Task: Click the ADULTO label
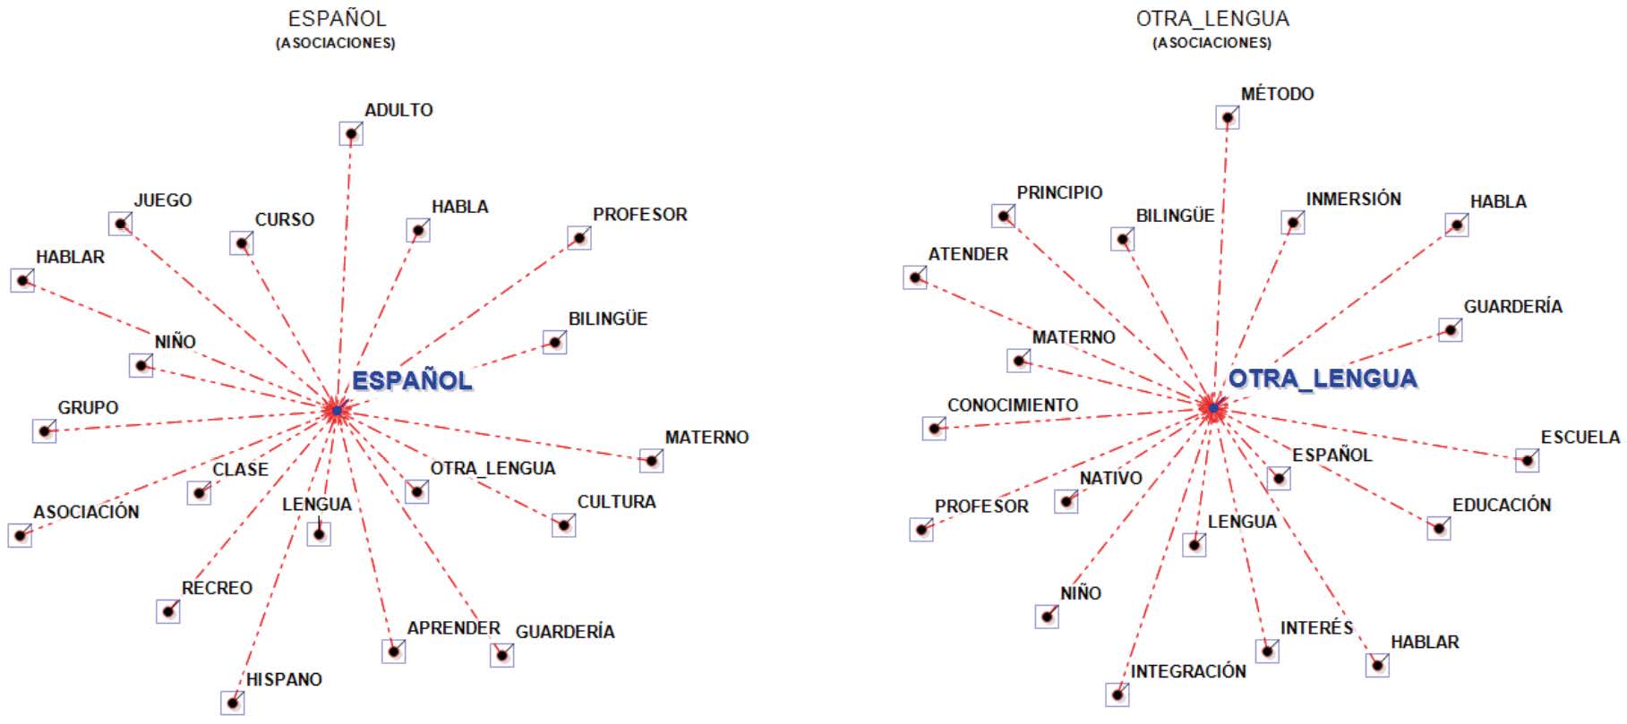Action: pos(398,110)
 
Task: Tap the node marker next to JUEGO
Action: pos(120,223)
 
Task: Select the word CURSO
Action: pos(284,219)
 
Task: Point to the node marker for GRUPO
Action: pos(44,430)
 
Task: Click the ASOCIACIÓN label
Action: pos(86,512)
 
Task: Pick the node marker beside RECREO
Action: pos(167,611)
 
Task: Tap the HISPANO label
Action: pos(284,679)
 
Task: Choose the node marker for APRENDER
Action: pos(393,651)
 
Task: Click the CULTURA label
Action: pos(616,502)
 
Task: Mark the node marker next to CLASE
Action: pos(199,492)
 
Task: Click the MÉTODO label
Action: pos(1277,94)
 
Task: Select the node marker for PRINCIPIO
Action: pos(1003,216)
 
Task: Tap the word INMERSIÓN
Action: pos(1353,199)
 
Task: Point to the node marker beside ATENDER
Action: pos(915,277)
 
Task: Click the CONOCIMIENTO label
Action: pos(1012,405)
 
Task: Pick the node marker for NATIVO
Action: pos(1066,501)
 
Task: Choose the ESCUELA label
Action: pos(1580,438)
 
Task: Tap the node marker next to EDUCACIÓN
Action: pos(1438,528)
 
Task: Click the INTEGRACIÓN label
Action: pos(1187,671)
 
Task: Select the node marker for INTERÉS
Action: pos(1267,651)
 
